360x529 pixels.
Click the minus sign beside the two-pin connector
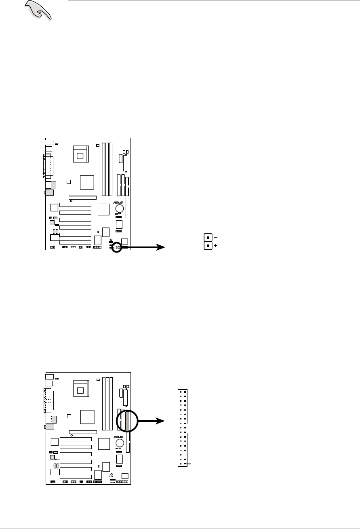[215, 237]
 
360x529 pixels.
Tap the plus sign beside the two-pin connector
[215, 246]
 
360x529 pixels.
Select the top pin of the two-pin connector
[208, 238]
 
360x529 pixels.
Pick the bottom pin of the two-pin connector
[208, 245]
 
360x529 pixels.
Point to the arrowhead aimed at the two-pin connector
[162, 248]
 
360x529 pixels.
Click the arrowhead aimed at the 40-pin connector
[162, 421]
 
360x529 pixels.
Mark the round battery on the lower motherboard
[120, 443]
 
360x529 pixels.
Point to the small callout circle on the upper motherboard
[116, 247]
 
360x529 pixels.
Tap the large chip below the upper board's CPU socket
[87, 183]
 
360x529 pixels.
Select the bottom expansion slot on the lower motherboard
[75, 476]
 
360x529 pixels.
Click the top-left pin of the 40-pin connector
[181, 392]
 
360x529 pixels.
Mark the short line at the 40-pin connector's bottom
[188, 465]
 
